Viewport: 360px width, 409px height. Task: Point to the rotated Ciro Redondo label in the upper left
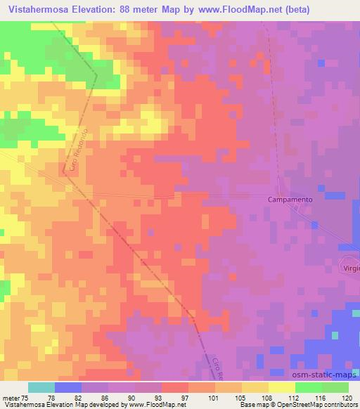pyautogui.click(x=77, y=150)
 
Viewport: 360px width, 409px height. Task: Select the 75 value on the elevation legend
pyautogui.click(x=26, y=398)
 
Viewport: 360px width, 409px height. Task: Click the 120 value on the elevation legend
pyautogui.click(x=347, y=398)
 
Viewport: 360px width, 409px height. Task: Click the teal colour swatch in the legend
pyautogui.click(x=41, y=387)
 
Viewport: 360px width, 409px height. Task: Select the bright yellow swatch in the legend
pyautogui.click(x=281, y=387)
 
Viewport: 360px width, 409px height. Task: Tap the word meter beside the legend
pyautogui.click(x=11, y=398)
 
